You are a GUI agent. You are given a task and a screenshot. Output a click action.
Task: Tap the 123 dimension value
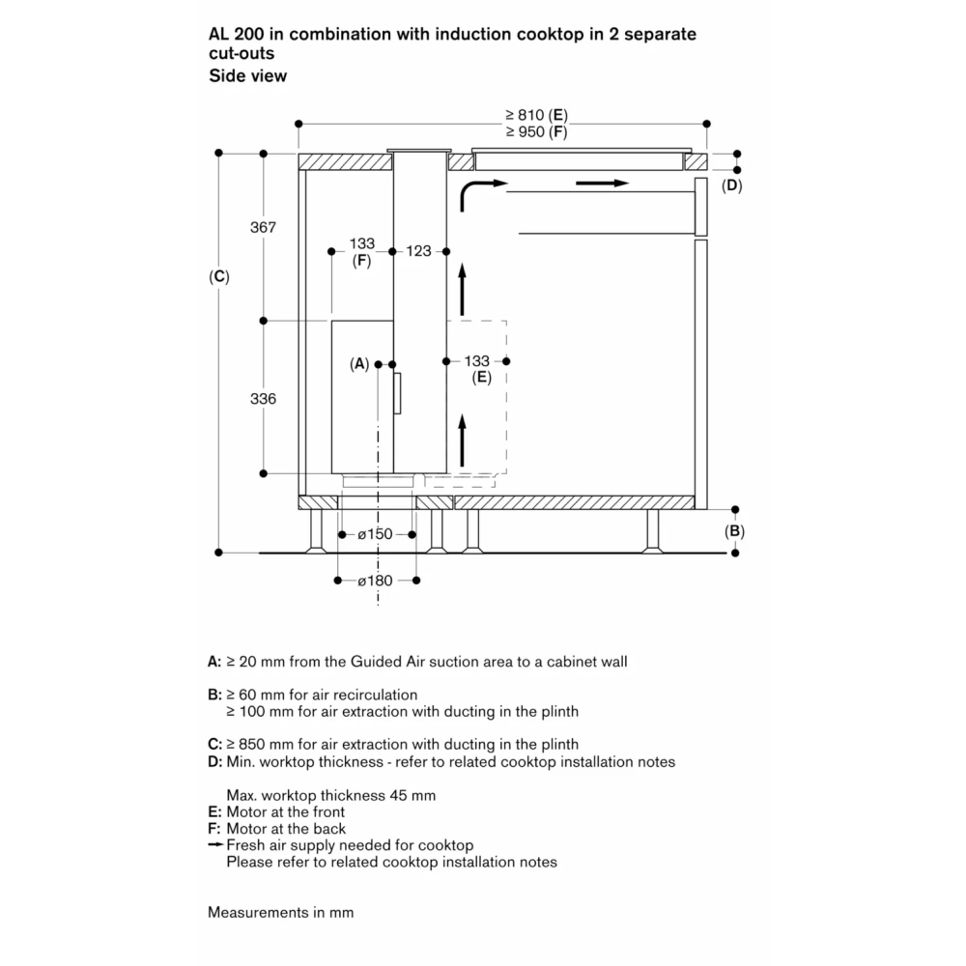tap(418, 251)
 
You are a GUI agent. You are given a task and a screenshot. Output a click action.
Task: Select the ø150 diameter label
tap(376, 533)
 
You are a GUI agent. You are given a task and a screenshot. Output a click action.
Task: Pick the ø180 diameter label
tap(376, 581)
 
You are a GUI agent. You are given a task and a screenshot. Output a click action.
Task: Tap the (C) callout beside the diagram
tap(219, 276)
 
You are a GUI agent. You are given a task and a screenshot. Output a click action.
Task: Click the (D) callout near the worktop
tap(733, 185)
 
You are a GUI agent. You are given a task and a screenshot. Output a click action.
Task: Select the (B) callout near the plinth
tap(735, 530)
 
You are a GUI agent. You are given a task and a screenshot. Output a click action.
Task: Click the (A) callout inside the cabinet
tap(359, 364)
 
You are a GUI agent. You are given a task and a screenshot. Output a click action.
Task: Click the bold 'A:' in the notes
tap(215, 662)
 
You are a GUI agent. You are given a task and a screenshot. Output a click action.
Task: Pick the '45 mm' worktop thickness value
tap(415, 795)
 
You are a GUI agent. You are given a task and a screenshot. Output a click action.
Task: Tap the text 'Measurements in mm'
tap(280, 912)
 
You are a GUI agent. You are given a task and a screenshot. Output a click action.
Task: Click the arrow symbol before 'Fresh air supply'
tap(215, 845)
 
